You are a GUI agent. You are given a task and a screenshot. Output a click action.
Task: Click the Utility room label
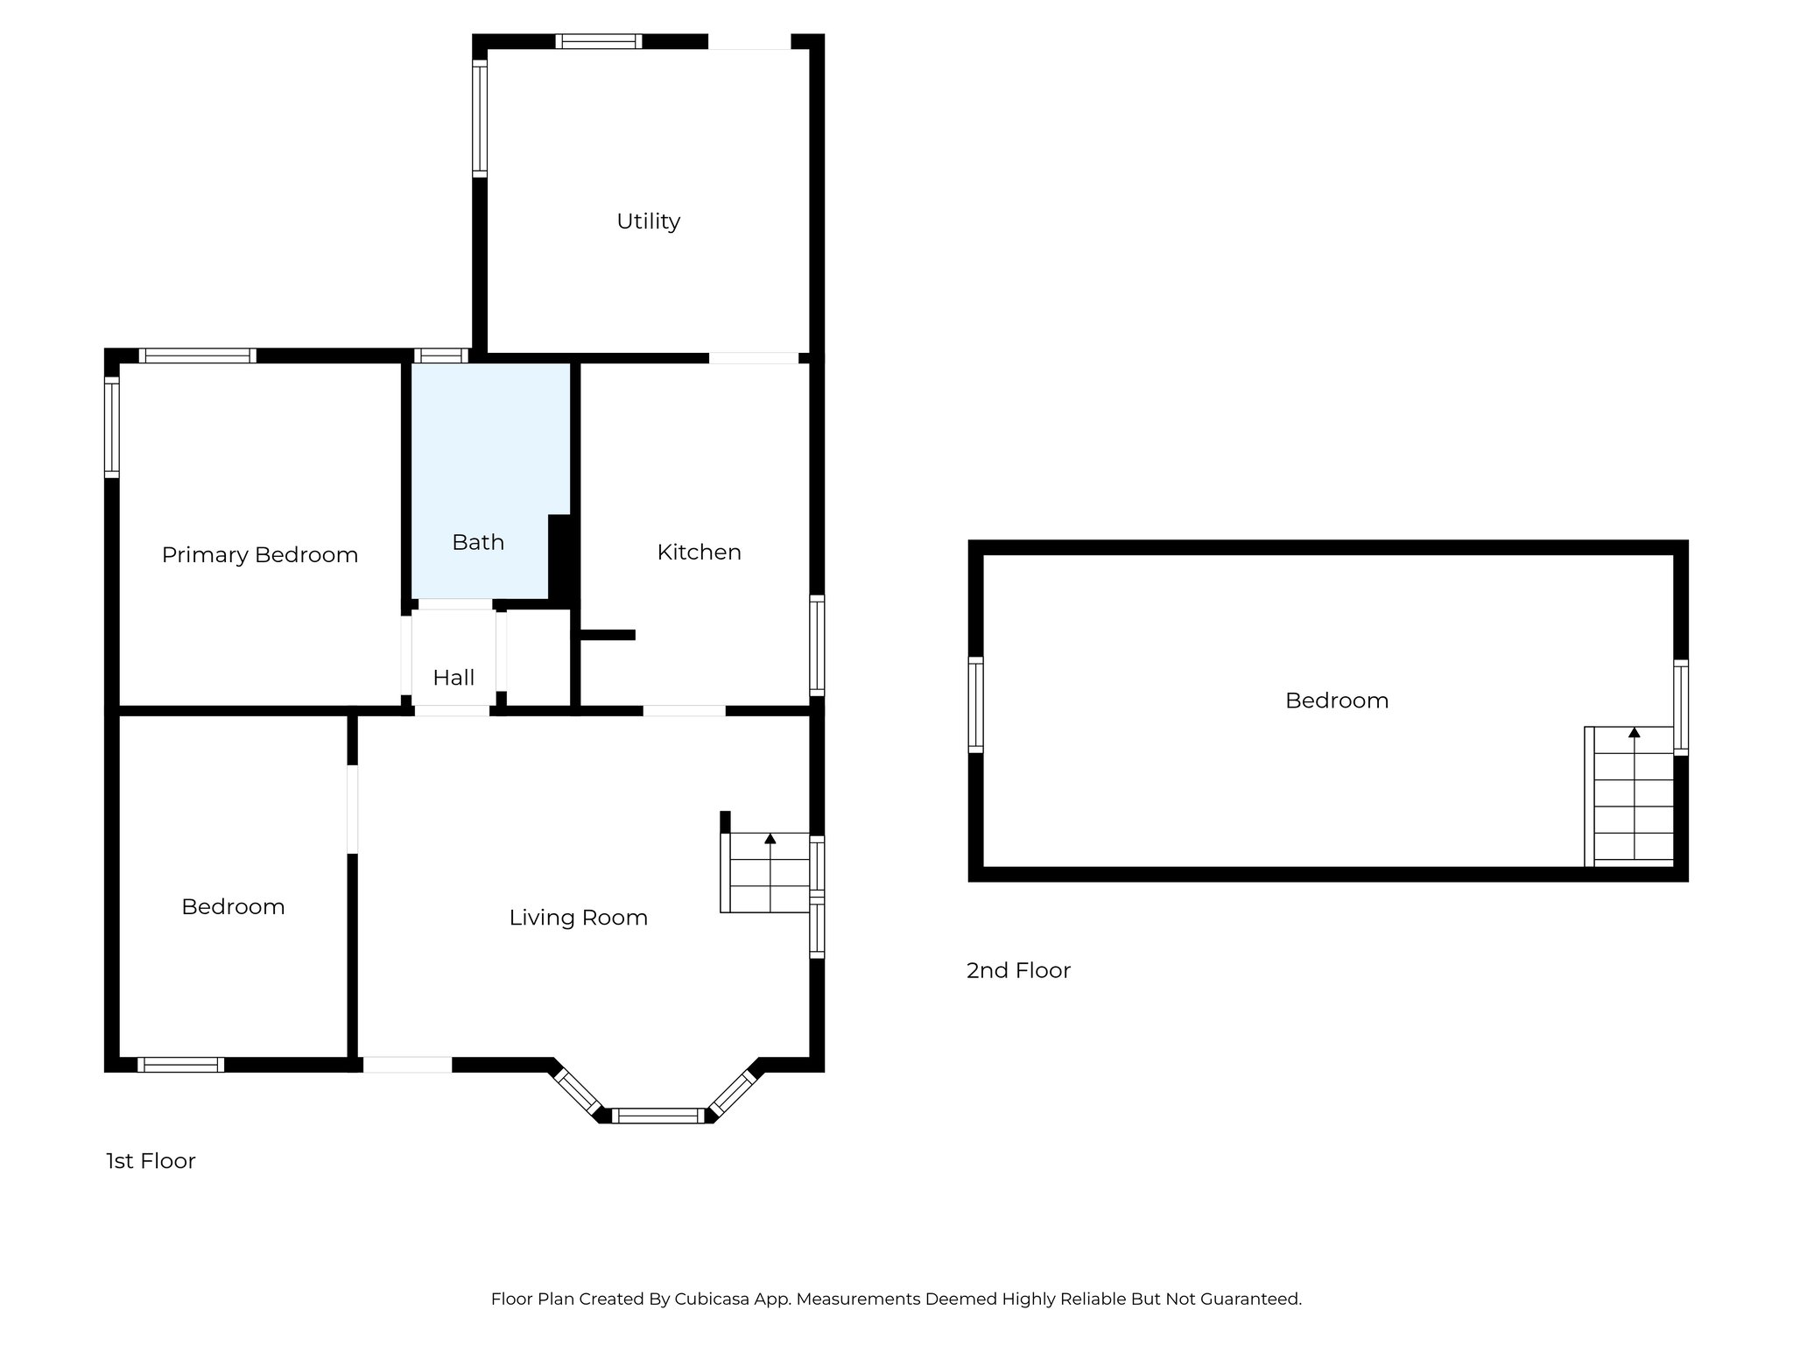648,222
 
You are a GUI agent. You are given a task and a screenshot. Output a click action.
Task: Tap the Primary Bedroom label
260,555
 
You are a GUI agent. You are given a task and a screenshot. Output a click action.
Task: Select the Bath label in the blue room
478,543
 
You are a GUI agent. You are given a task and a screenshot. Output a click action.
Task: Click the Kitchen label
699,553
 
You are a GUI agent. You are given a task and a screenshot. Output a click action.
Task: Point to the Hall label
454,678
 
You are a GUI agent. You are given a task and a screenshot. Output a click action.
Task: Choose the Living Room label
578,918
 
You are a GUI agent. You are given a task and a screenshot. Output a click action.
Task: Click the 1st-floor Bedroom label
233,907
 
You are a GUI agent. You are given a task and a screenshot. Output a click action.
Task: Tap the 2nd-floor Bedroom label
1336,701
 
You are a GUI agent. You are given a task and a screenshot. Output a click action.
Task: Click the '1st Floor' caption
151,1161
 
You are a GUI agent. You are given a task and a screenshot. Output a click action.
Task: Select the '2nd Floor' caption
1018,970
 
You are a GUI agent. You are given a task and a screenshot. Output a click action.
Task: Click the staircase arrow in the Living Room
770,839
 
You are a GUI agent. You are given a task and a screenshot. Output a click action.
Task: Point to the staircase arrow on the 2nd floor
1634,732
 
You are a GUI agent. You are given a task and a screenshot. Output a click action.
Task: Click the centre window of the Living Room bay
657,1116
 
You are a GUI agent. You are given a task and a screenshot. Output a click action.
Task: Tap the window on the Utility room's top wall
599,41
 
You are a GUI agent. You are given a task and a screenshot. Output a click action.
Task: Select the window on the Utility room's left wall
479,118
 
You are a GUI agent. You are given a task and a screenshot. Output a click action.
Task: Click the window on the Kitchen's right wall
817,645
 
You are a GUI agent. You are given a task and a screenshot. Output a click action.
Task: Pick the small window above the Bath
440,356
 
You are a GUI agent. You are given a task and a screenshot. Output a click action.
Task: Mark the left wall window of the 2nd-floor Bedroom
975,705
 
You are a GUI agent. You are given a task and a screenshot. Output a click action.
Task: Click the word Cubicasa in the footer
709,1299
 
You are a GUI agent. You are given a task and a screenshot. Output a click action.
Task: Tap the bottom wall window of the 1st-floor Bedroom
180,1065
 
